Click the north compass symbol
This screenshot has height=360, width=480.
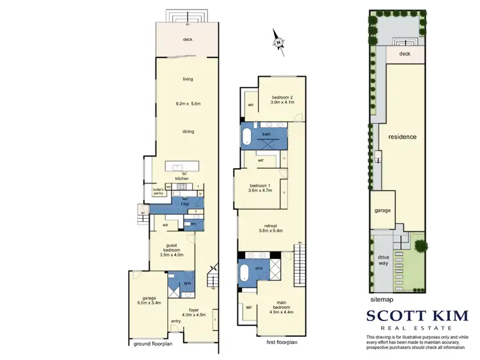click(x=279, y=42)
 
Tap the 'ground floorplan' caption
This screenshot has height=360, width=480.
click(x=154, y=343)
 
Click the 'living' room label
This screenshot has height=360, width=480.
click(x=188, y=79)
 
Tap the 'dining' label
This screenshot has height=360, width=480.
click(x=188, y=132)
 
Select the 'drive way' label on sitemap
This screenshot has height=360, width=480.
click(x=383, y=260)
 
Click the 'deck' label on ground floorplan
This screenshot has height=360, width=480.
click(x=188, y=40)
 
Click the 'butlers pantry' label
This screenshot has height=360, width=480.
click(x=158, y=191)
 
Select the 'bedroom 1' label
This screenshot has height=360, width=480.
click(x=260, y=187)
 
